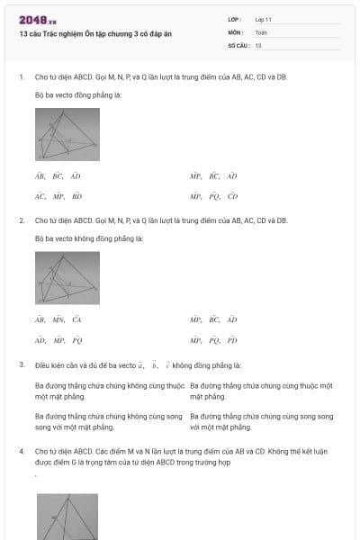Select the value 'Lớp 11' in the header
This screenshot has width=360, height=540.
coord(264,19)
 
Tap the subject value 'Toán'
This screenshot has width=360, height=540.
coord(261,31)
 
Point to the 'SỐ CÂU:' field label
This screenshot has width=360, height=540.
coord(238,45)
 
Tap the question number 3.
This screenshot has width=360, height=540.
coord(21,365)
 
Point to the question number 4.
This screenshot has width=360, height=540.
coord(21,449)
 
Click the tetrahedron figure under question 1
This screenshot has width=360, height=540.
coord(67,134)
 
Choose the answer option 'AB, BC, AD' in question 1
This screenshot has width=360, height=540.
coord(58,176)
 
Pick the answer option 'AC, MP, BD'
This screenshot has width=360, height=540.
coord(58,196)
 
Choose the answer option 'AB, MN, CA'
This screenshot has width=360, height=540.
coord(58,319)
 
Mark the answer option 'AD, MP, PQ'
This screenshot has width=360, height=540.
coord(58,340)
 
